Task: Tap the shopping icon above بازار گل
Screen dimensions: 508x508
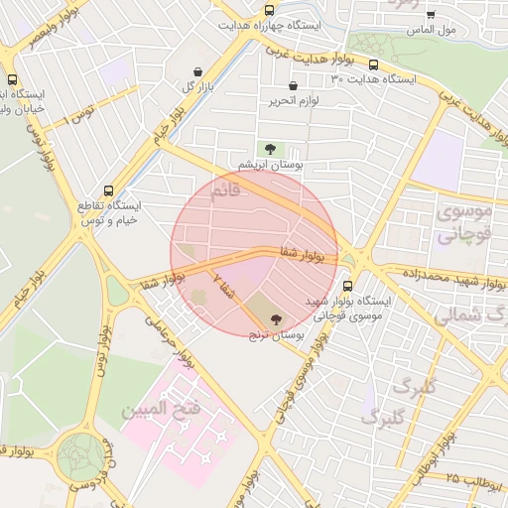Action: pyautogui.click(x=199, y=71)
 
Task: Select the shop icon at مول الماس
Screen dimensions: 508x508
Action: pyautogui.click(x=430, y=15)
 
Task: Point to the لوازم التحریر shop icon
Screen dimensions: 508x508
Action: pyautogui.click(x=275, y=101)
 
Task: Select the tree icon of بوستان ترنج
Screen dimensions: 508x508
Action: pyautogui.click(x=275, y=319)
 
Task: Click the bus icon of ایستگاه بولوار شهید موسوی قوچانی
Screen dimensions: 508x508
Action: pyautogui.click(x=346, y=286)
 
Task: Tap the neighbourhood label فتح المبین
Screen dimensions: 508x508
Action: pyautogui.click(x=161, y=408)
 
